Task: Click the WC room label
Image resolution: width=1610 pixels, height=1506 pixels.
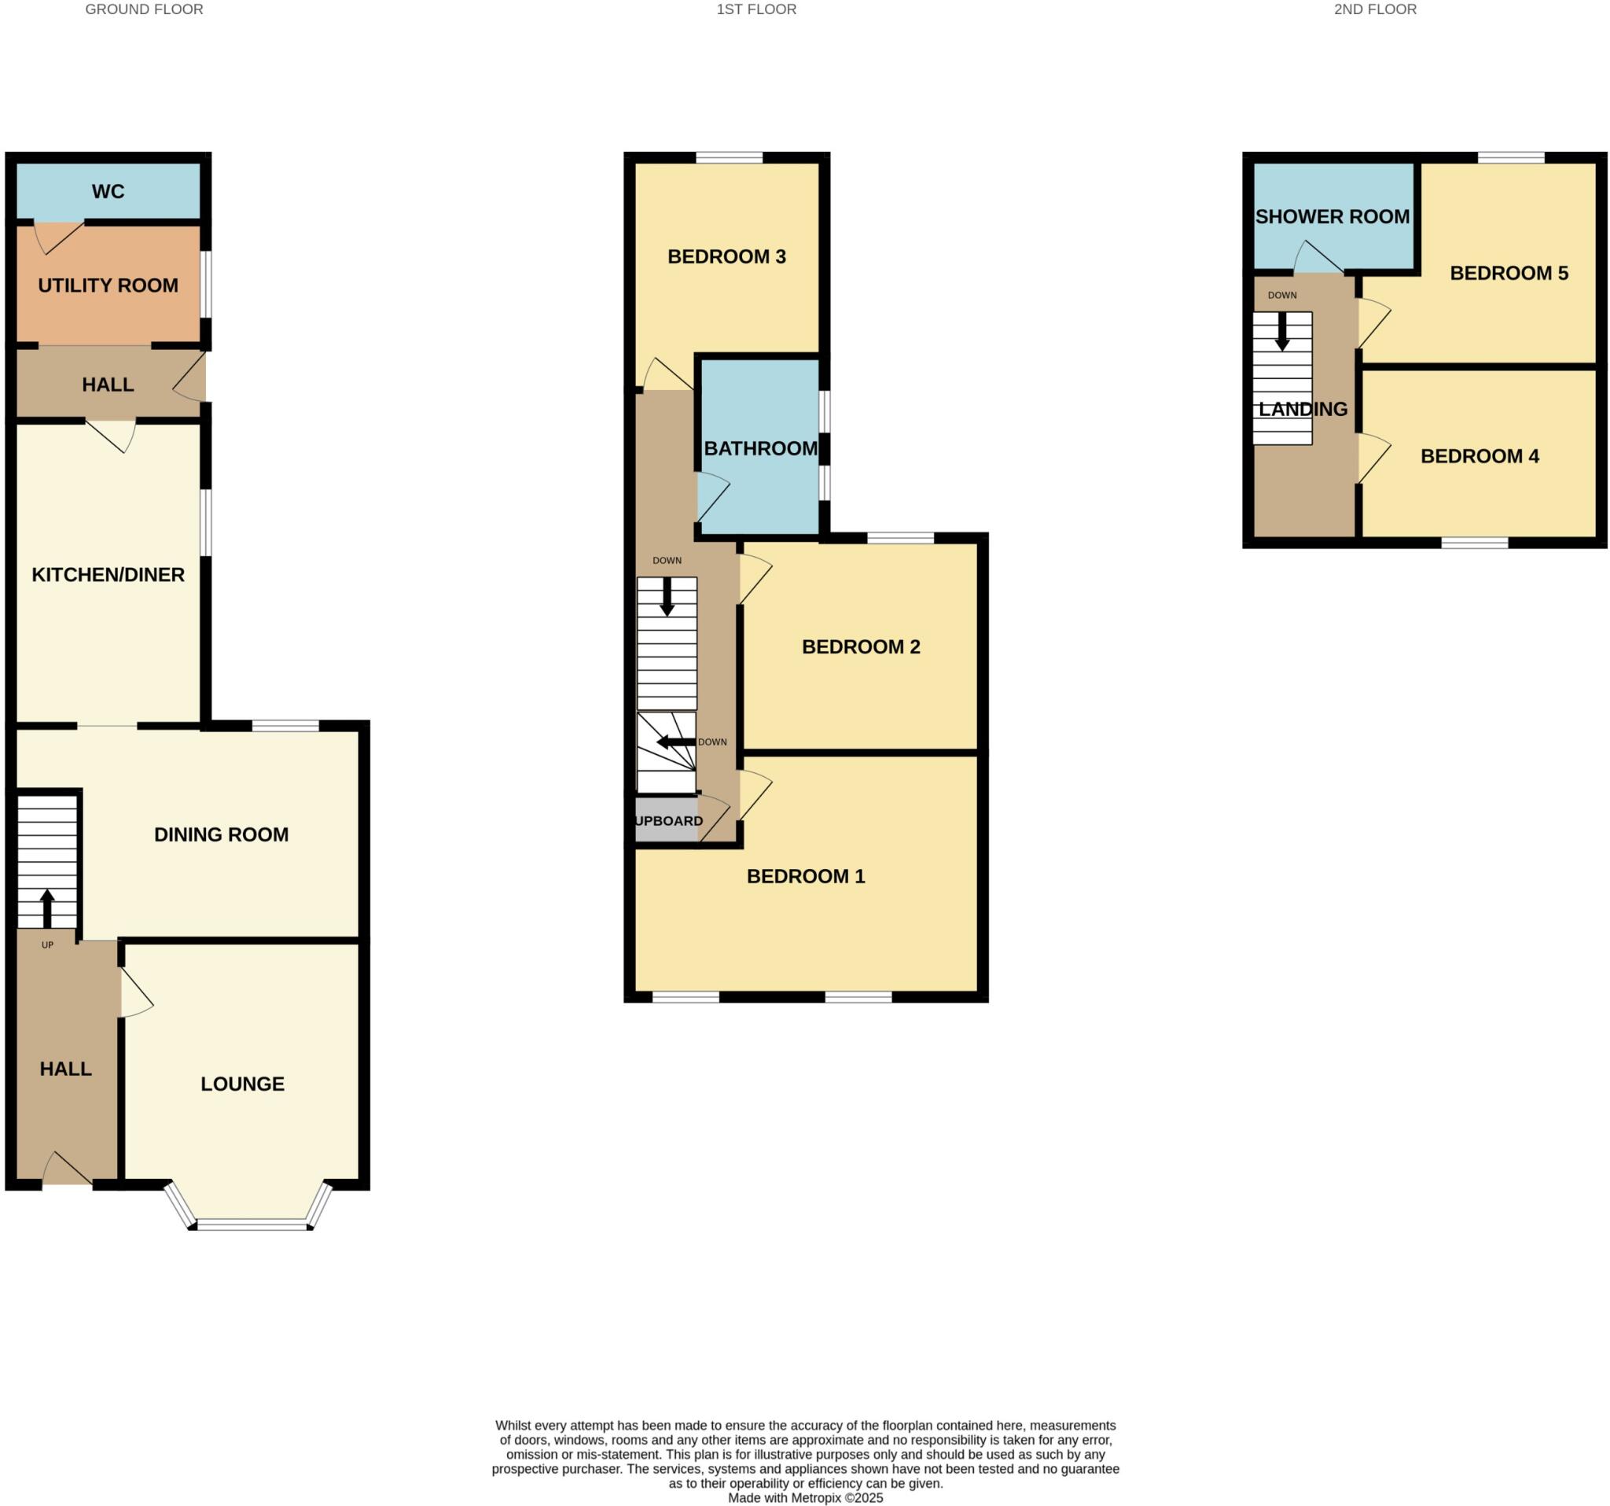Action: tap(108, 191)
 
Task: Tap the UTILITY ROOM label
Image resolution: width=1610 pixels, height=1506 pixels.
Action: tap(108, 285)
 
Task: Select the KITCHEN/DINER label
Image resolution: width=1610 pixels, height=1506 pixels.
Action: tap(108, 574)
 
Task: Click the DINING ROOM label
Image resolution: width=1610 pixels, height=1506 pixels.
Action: tap(221, 834)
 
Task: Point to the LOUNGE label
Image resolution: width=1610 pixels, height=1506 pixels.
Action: tap(242, 1084)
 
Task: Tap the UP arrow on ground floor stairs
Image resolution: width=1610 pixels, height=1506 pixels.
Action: tap(47, 908)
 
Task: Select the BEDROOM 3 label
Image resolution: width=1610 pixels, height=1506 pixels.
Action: tap(726, 257)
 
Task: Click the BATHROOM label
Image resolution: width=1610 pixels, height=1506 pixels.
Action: tap(760, 448)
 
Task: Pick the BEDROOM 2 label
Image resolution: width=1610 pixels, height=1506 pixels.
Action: tap(861, 646)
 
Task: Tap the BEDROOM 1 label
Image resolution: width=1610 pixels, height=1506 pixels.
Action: tap(806, 876)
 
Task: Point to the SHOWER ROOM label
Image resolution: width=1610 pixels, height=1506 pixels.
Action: tap(1332, 216)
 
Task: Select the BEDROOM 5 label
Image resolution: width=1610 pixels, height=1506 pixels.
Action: tap(1509, 273)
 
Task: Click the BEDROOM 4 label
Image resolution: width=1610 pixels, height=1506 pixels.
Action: tap(1480, 456)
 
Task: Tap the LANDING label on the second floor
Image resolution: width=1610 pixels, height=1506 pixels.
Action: tap(1303, 409)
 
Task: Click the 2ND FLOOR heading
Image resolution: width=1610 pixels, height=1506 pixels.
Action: tap(1375, 9)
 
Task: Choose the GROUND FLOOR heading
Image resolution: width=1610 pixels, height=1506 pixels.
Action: tap(144, 9)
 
